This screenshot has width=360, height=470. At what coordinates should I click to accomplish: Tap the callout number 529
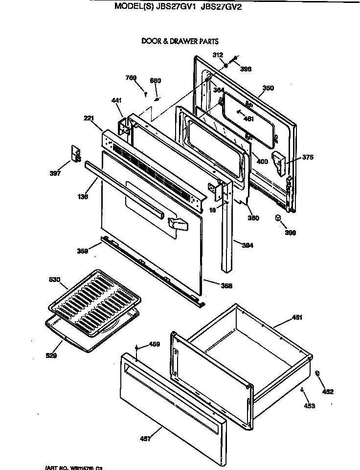pyautogui.click(x=52, y=356)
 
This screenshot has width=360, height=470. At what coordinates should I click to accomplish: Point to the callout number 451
pyautogui.click(x=296, y=318)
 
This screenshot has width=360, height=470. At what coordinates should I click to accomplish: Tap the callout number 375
pyautogui.click(x=308, y=157)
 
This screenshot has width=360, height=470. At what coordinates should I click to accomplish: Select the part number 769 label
pyautogui.click(x=131, y=78)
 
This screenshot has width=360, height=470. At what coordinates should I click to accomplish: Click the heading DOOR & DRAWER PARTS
pyautogui.click(x=180, y=42)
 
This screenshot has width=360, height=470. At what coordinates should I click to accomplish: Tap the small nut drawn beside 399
pyautogui.click(x=278, y=218)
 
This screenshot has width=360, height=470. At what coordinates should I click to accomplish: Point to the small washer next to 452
pyautogui.click(x=317, y=374)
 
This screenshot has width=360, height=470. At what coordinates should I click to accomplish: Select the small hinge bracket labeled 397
pyautogui.click(x=76, y=154)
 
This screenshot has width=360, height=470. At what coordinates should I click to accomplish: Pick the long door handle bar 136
pyautogui.click(x=122, y=188)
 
